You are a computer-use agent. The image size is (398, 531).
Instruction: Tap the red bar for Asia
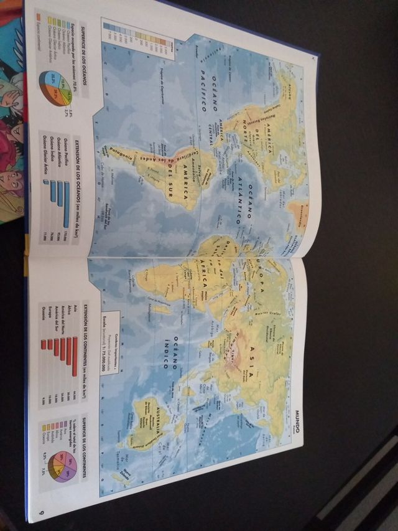click(74, 355)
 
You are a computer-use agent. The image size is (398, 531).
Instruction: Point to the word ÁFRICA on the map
click(203, 286)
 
